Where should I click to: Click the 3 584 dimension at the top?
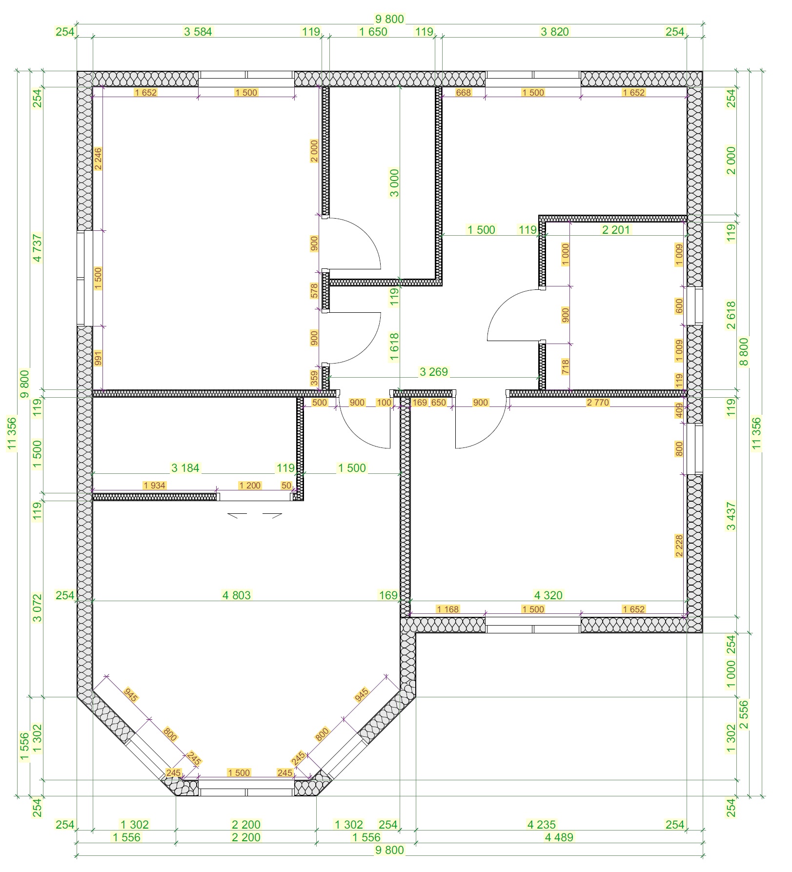198,32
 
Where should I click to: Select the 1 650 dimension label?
373,32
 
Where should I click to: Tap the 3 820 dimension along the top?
555,32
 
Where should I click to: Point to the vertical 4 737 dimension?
38,248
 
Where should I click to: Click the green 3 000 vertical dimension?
394,183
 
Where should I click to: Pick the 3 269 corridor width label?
434,372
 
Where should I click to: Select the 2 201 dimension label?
616,230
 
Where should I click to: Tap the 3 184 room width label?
185,468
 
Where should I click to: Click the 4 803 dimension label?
237,595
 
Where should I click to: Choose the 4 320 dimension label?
548,595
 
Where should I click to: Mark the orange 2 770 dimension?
598,403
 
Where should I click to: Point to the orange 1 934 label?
155,486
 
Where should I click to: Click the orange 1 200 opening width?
250,486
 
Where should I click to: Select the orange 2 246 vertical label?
98,159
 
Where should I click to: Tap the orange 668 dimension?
464,93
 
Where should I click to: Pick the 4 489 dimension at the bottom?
559,837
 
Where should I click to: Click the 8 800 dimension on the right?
744,352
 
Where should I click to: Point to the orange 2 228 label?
679,546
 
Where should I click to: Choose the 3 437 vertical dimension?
731,516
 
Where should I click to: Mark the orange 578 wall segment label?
314,291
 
